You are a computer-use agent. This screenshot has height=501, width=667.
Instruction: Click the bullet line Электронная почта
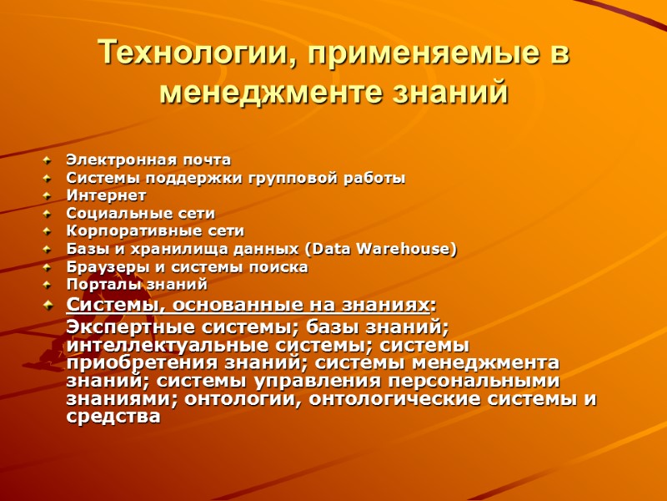[x=148, y=160]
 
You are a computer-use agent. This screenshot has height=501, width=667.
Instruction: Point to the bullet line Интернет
[x=106, y=195]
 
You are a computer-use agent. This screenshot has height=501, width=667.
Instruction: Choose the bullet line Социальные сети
[x=140, y=214]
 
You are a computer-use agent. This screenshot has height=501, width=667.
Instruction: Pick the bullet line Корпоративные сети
[x=155, y=231]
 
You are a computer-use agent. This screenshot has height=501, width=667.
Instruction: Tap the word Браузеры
[x=101, y=267]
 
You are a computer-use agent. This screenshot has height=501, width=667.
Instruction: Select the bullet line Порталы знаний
[x=136, y=285]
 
